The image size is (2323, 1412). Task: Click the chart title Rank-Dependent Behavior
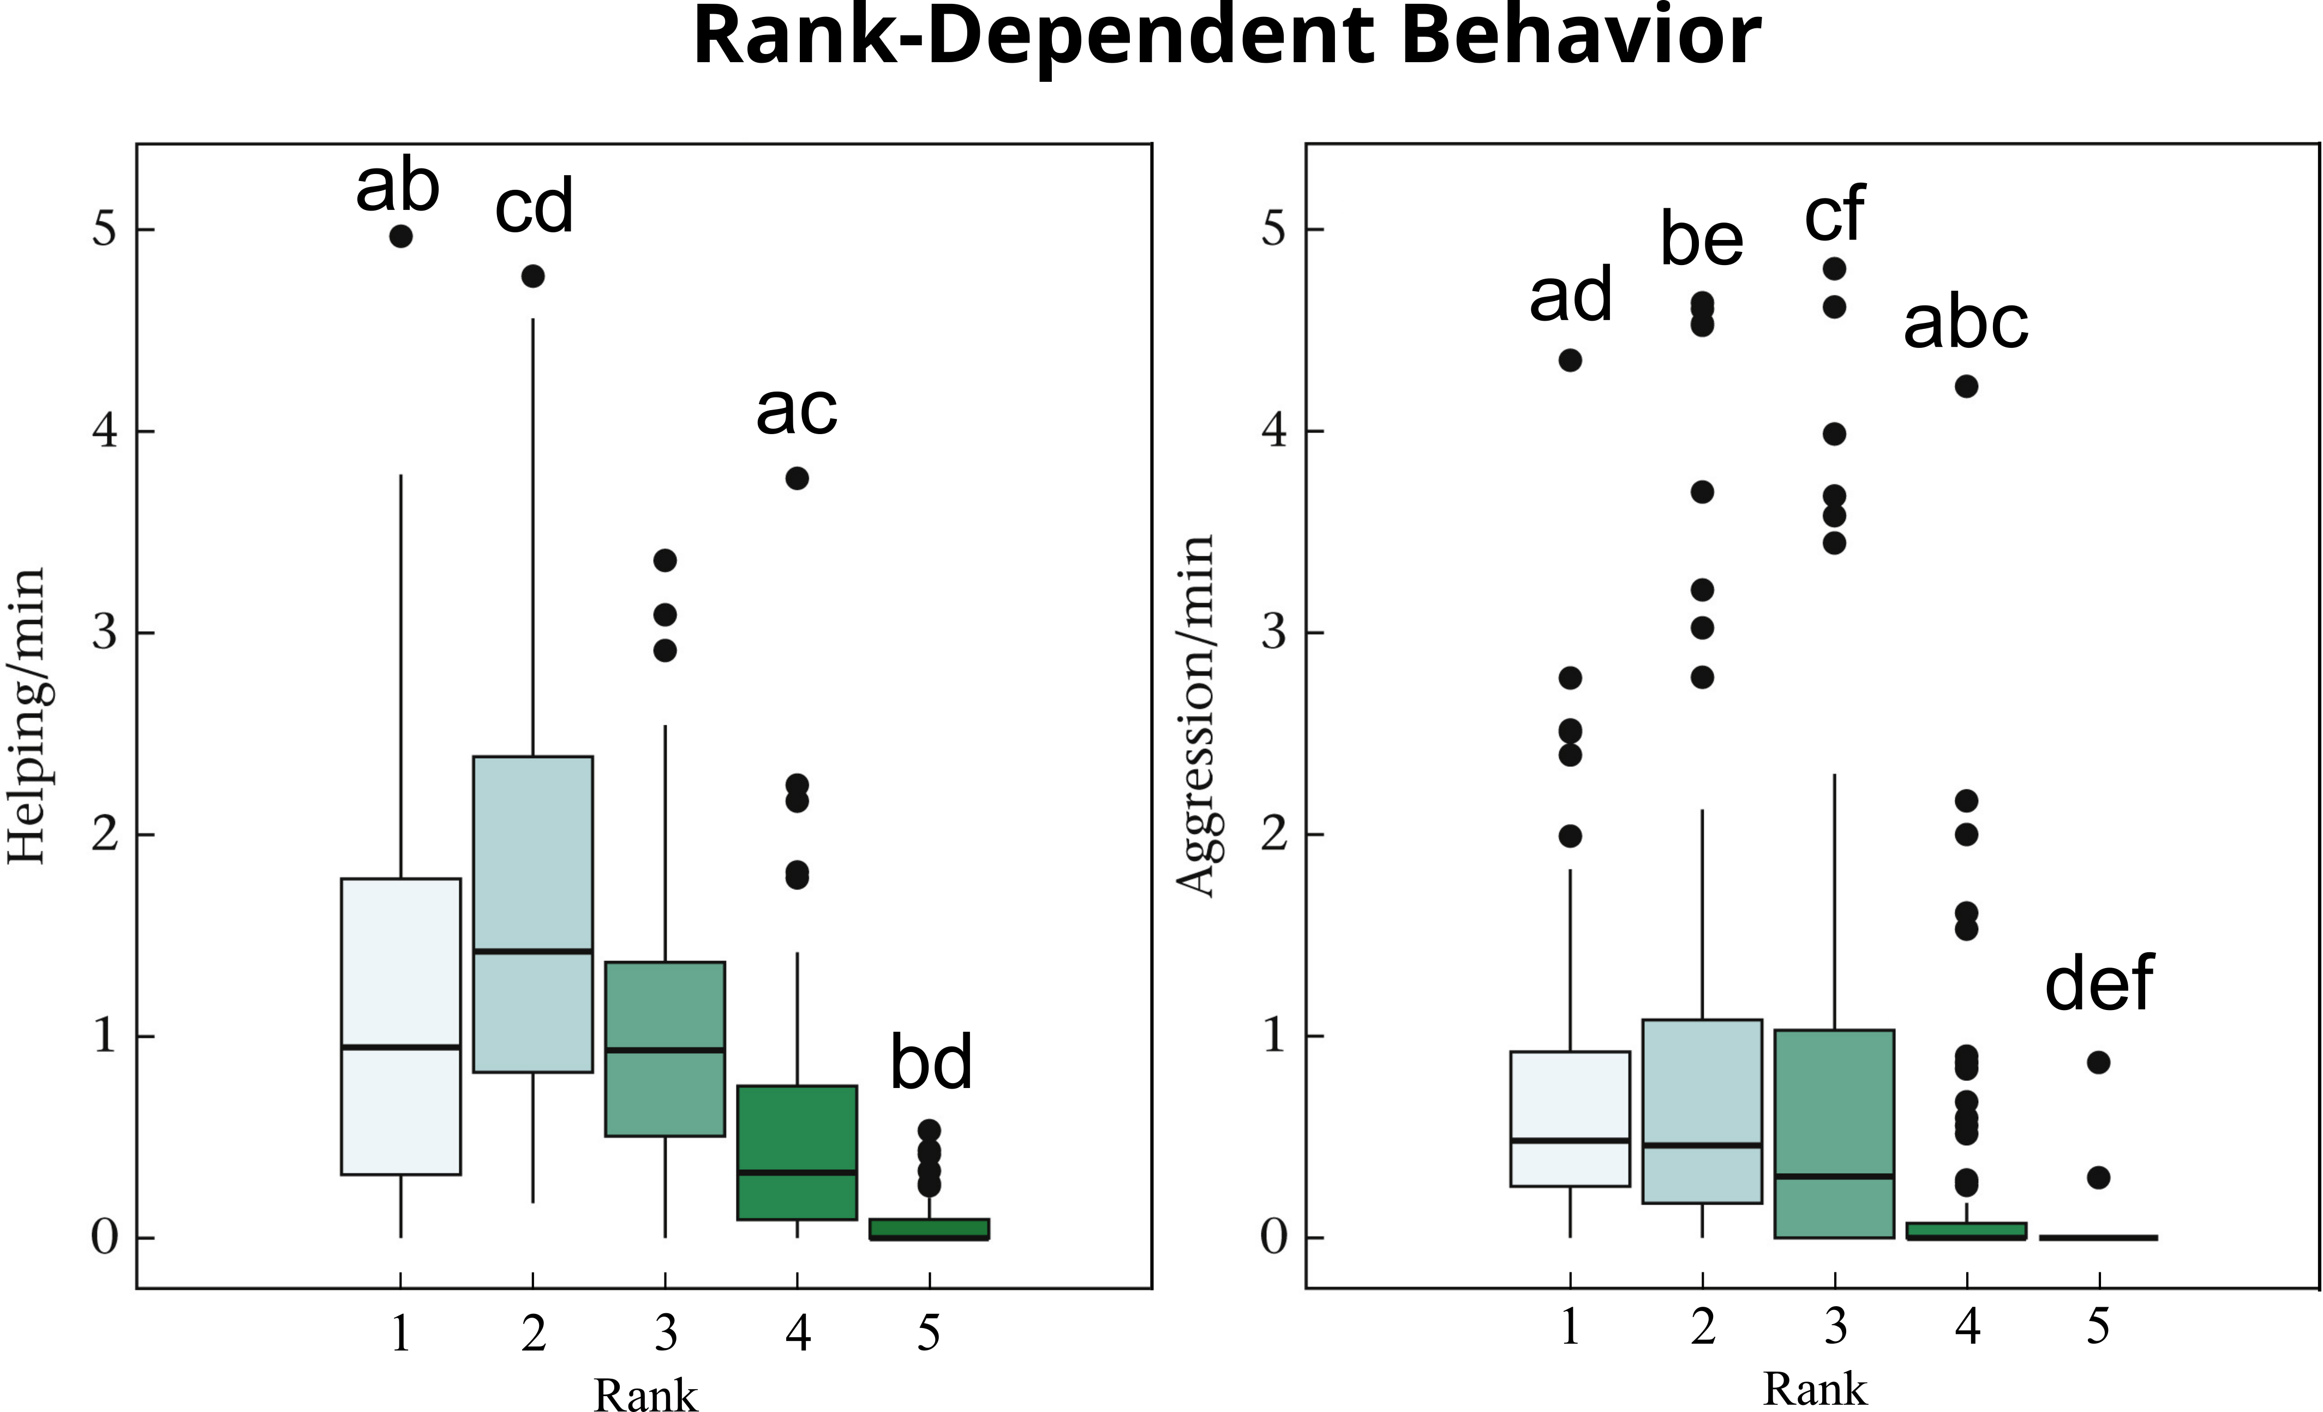[x=1226, y=36]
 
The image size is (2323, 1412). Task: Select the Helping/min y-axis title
[x=26, y=717]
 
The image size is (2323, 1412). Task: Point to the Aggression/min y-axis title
[x=1195, y=717]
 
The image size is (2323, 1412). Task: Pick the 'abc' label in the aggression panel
[x=1966, y=322]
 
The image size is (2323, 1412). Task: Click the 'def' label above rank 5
[x=2099, y=982]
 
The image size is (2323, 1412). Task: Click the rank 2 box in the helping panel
[x=532, y=914]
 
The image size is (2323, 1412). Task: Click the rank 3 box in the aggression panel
[x=1834, y=1133]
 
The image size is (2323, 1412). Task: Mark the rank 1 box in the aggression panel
[x=1570, y=1118]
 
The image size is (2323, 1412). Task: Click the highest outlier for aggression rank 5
[x=2098, y=1062]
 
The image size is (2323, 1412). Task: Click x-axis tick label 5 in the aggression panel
[x=2098, y=1327]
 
